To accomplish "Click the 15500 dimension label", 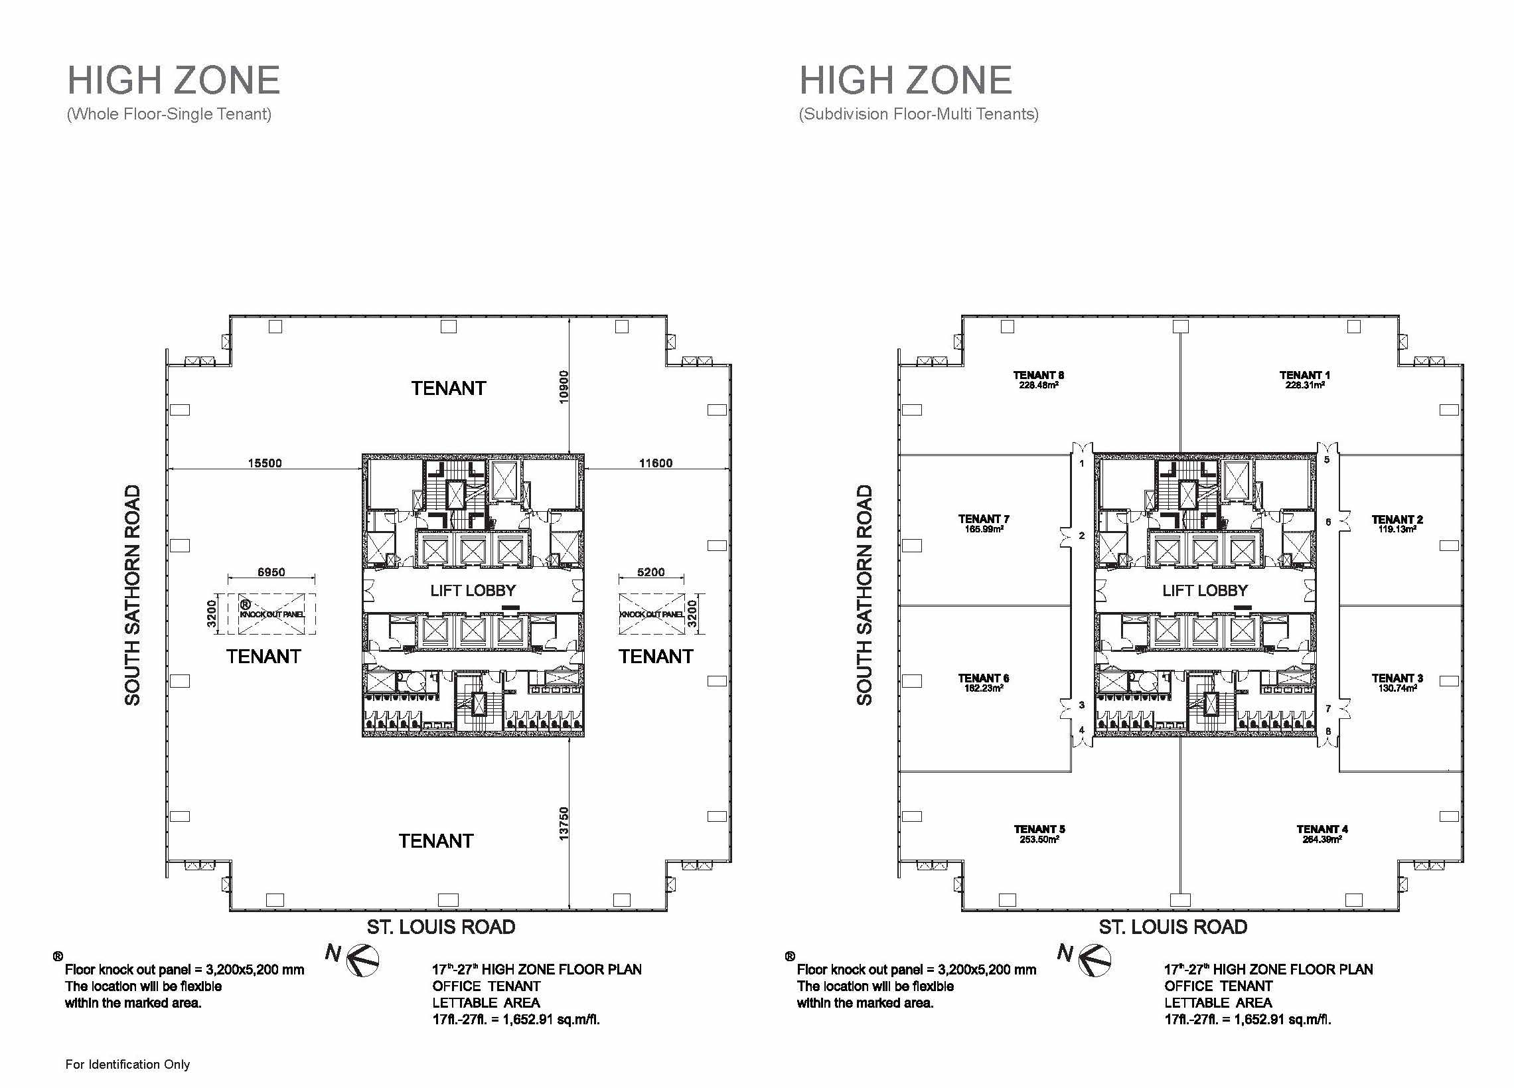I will pos(265,463).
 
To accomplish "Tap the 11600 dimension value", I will pos(656,463).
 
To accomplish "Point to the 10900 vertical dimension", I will pos(564,386).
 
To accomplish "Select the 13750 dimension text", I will pos(564,823).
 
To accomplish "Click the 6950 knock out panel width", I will pos(271,572).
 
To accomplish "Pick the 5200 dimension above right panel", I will pos(651,572).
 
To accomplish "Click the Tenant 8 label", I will pos(1038,375).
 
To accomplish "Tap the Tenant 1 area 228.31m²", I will pos(1304,385).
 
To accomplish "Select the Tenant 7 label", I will pos(983,518).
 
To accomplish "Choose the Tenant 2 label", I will pos(1397,519).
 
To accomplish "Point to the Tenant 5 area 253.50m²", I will pos(1039,839).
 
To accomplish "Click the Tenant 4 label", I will pos(1322,829).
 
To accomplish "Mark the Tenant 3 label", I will pos(1397,678).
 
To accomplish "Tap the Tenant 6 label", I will pos(983,678).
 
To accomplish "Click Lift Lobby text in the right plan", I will pos(1204,591).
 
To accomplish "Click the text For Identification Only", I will pos(127,1064).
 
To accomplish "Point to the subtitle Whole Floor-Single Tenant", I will pos(169,114).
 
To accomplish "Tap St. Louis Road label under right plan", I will pos(1173,927).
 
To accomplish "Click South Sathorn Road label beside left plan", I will pos(133,595).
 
